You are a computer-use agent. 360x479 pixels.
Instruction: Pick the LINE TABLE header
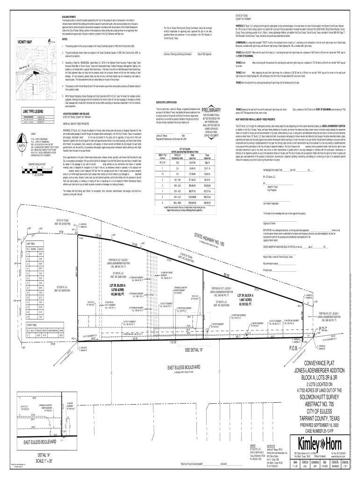pos(31,244)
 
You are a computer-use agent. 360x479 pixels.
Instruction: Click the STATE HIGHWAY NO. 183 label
pos(209,243)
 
